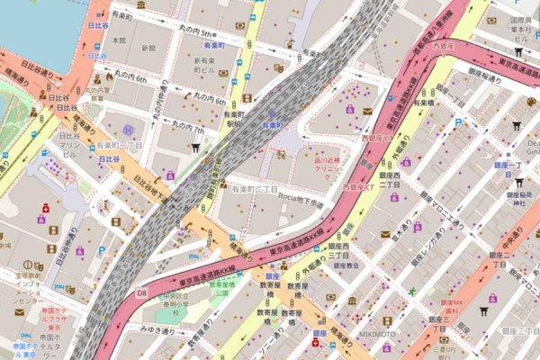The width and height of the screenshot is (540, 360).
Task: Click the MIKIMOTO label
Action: coord(378,334)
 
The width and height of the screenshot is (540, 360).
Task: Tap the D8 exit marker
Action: coord(141,292)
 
